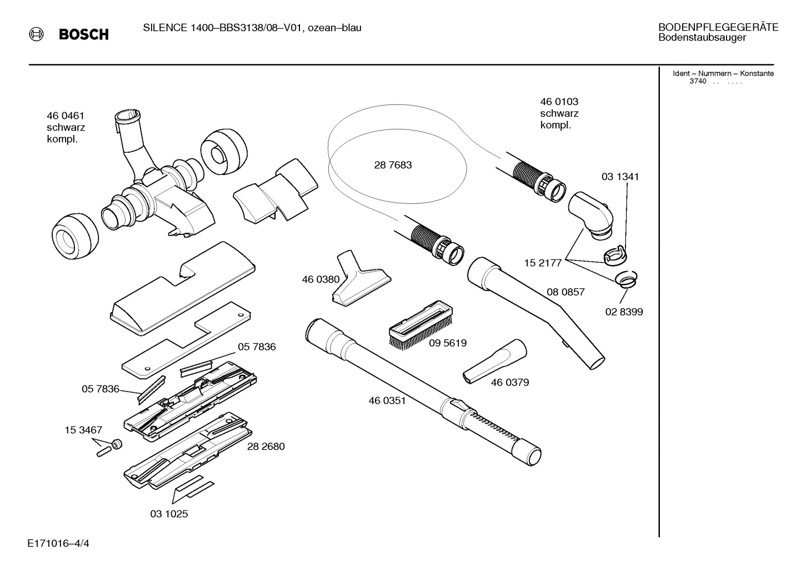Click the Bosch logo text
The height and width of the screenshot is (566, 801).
tap(83, 35)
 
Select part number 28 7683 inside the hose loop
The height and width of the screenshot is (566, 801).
tap(393, 165)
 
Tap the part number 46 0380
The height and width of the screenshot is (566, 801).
tap(321, 279)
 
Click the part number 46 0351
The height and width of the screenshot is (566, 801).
tap(387, 400)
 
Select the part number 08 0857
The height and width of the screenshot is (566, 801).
tap(565, 292)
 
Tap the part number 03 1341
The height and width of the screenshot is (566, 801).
tap(620, 177)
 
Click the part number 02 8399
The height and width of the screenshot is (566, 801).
tap(624, 312)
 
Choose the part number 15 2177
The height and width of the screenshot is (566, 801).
tap(543, 263)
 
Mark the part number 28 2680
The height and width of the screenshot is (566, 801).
tap(266, 447)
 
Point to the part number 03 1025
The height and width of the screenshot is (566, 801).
tap(169, 514)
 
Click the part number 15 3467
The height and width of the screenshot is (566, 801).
tap(83, 430)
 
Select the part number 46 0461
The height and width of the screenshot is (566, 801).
tap(66, 116)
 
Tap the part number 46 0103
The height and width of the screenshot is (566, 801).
tap(559, 102)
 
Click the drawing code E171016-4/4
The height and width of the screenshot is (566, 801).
tap(58, 543)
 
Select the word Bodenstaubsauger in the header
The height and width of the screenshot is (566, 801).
tap(702, 38)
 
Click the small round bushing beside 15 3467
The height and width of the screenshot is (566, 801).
tap(117, 444)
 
